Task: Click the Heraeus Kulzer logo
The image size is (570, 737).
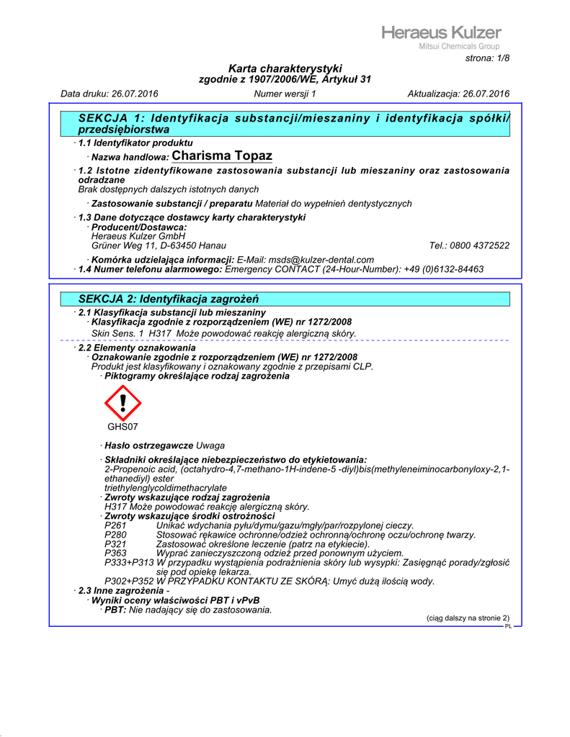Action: (441, 32)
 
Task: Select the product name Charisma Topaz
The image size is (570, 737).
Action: (222, 156)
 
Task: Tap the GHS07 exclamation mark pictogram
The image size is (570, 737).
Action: (123, 403)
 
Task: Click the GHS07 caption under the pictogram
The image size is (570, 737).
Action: (123, 427)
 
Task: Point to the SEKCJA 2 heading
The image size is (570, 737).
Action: (169, 299)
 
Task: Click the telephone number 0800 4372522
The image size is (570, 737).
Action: (481, 245)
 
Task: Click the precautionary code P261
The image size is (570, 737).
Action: (115, 526)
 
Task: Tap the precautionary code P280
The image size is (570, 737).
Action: (115, 535)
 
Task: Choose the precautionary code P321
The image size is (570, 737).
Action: (115, 544)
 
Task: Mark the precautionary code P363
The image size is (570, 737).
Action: (115, 553)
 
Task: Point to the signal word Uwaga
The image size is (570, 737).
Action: (210, 446)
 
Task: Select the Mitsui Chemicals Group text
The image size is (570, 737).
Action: (459, 47)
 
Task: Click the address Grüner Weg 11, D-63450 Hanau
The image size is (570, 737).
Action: (153, 245)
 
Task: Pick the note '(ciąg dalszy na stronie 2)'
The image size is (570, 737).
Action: (468, 618)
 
